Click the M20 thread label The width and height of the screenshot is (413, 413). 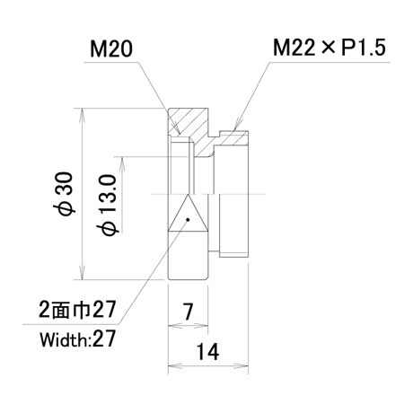coord(111,49)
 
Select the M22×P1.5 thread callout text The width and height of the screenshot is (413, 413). coord(330,48)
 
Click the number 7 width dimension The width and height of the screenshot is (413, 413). coord(188,312)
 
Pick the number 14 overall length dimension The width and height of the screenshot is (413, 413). coord(207,352)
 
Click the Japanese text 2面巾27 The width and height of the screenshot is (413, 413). coord(77,310)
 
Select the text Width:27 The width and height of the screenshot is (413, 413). coord(77,338)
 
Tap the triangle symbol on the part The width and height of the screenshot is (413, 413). coord(188,213)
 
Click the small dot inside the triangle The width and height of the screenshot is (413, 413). coord(188,220)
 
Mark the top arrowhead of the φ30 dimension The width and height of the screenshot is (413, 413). coord(83,115)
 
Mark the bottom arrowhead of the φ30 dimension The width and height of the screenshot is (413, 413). coord(83,272)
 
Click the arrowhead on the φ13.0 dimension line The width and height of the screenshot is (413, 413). coord(122,163)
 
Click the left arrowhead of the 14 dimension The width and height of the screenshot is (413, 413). coord(175,365)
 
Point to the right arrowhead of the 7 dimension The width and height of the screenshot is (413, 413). coord(201,325)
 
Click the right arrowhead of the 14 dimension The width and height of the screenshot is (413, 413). coord(242,365)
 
